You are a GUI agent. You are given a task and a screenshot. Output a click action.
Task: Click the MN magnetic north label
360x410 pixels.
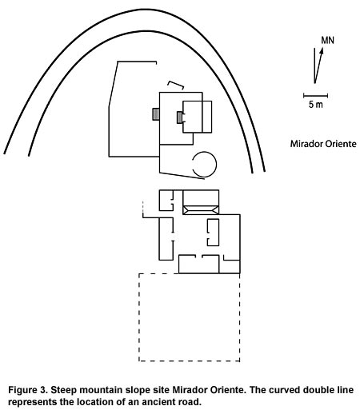pos(327,40)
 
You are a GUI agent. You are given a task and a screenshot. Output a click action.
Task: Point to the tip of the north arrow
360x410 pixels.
pos(322,47)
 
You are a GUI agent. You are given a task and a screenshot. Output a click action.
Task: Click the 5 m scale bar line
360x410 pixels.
pos(315,95)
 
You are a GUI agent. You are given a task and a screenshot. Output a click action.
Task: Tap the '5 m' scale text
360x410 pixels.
pos(316,105)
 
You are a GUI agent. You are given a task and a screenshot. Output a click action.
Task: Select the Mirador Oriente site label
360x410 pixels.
pos(323,144)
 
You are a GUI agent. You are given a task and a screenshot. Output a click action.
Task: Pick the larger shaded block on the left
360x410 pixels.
pos(156,114)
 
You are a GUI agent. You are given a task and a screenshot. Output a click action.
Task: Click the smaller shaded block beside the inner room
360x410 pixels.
pos(180,117)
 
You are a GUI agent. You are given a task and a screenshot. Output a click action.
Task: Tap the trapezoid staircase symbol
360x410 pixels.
pos(201,210)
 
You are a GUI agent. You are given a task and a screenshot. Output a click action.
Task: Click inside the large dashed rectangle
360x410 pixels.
pos(190,317)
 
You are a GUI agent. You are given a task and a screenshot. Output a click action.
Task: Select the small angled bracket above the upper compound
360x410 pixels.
pos(176,84)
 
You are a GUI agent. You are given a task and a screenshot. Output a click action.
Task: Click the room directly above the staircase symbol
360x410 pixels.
pos(201,197)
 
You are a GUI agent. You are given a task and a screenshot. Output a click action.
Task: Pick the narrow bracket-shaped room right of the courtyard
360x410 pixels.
pos(214,233)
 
